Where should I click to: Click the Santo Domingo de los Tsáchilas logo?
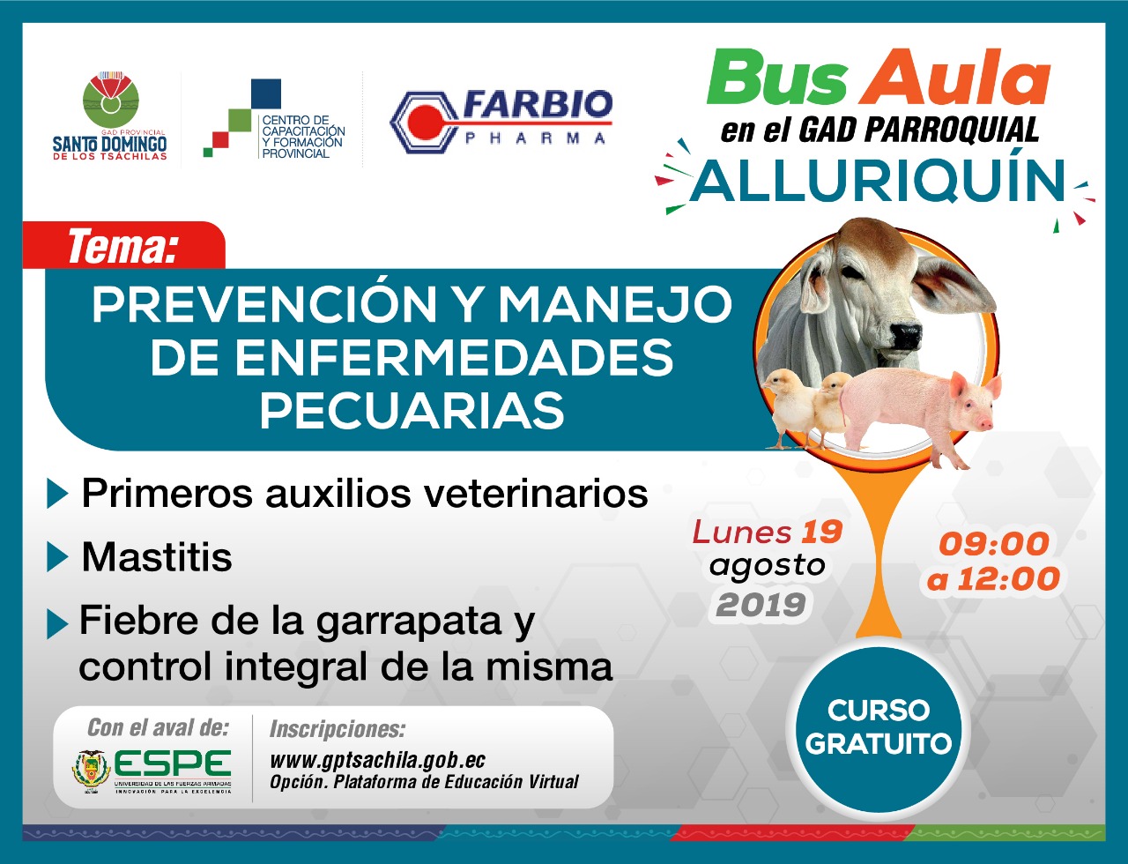[x=109, y=115]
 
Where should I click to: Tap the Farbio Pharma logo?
[x=501, y=121]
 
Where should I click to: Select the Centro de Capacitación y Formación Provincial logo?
[x=273, y=118]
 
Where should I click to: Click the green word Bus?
[x=776, y=78]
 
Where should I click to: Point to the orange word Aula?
[x=954, y=78]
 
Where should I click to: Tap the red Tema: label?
[x=123, y=246]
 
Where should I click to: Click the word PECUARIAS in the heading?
[x=412, y=410]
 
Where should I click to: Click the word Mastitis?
[x=156, y=558]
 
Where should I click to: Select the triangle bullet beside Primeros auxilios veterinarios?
[x=57, y=494]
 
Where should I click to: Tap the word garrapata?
[x=409, y=622]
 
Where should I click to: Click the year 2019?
[x=761, y=605]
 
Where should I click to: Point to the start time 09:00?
[x=993, y=544]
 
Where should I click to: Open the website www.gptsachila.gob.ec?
[x=377, y=761]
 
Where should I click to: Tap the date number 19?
[x=821, y=532]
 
